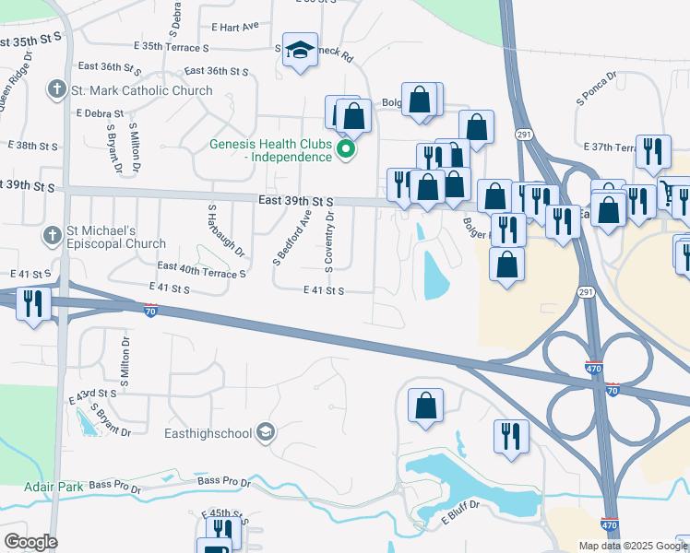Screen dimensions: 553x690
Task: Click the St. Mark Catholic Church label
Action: tap(142, 90)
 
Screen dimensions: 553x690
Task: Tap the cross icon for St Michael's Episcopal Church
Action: tap(54, 237)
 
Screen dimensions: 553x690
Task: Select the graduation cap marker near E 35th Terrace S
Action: tap(300, 50)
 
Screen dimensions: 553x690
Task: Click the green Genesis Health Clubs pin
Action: tap(346, 148)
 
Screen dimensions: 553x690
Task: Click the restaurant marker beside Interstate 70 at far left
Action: tap(33, 303)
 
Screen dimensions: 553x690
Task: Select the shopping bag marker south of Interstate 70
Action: tap(425, 405)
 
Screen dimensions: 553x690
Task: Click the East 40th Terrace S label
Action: tap(202, 269)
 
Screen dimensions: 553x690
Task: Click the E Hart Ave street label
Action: tap(235, 27)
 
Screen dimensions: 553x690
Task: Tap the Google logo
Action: tap(30, 541)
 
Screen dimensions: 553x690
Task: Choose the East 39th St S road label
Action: tap(295, 201)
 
